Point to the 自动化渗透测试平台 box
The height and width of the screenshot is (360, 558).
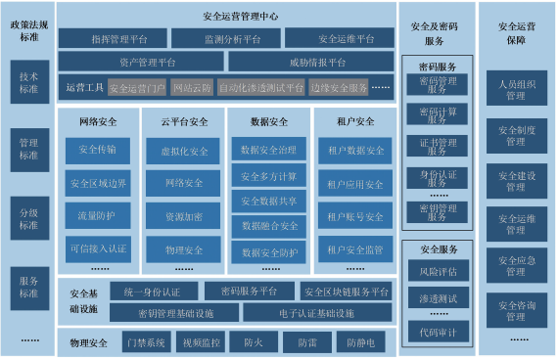pyautogui.click(x=258, y=88)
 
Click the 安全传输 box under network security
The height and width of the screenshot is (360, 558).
pyautogui.click(x=98, y=151)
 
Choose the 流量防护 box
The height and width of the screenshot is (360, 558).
pyautogui.click(x=98, y=215)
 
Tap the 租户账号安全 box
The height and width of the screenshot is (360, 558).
pyautogui.click(x=355, y=216)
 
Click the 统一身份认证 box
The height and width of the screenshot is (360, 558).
pyautogui.click(x=147, y=292)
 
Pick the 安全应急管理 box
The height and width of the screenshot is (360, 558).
pyautogui.click(x=516, y=267)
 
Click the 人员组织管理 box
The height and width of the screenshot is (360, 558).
pyautogui.click(x=516, y=91)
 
